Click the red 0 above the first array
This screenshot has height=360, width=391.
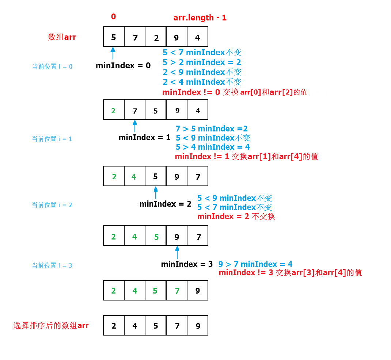pos(113,17)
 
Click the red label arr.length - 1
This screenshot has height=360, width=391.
pos(200,18)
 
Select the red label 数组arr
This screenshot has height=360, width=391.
pos(62,37)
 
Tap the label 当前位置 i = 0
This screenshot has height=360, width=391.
pos(52,66)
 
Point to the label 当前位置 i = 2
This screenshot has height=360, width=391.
pos(52,205)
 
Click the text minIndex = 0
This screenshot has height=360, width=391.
pos(123,66)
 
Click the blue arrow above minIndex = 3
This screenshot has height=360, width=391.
pos(177,252)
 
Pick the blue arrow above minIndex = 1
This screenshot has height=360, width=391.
pos(135,126)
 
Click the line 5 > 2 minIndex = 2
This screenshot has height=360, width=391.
pos(202,62)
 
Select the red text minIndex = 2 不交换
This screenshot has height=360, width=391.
pos(236,217)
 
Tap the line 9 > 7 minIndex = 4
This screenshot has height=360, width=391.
pos(255,264)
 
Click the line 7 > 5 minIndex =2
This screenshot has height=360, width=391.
pos(212,129)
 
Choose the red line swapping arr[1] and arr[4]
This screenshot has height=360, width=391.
pos(246,157)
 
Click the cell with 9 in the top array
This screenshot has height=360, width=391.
pos(176,37)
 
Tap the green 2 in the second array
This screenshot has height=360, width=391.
pos(114,111)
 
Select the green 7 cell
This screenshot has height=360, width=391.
pos(177,291)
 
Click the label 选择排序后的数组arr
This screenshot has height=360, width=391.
pos(51,326)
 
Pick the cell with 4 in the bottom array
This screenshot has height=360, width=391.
pos(135,326)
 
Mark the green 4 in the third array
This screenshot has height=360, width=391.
pos(134,177)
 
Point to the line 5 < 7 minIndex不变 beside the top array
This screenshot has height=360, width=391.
pos(202,53)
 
